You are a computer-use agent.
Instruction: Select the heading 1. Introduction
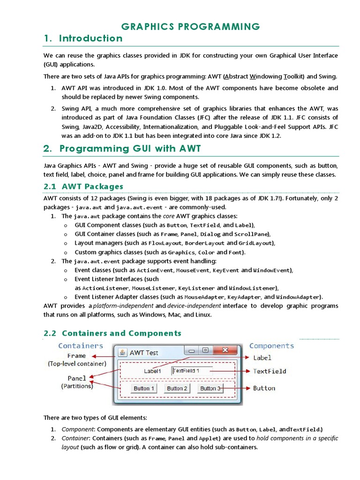click(x=83, y=39)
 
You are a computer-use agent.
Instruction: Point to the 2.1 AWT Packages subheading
click(x=83, y=187)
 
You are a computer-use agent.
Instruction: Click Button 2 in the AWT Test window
click(x=177, y=388)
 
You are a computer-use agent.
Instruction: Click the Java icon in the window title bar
click(x=122, y=352)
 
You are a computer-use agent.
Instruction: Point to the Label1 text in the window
click(x=152, y=371)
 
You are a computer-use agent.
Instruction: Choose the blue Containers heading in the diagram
click(x=80, y=346)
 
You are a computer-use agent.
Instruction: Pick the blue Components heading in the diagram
click(x=271, y=346)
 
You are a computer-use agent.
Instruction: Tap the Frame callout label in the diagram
click(x=76, y=356)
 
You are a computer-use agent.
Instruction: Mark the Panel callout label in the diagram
click(x=77, y=378)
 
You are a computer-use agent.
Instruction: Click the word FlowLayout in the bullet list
click(x=165, y=243)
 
